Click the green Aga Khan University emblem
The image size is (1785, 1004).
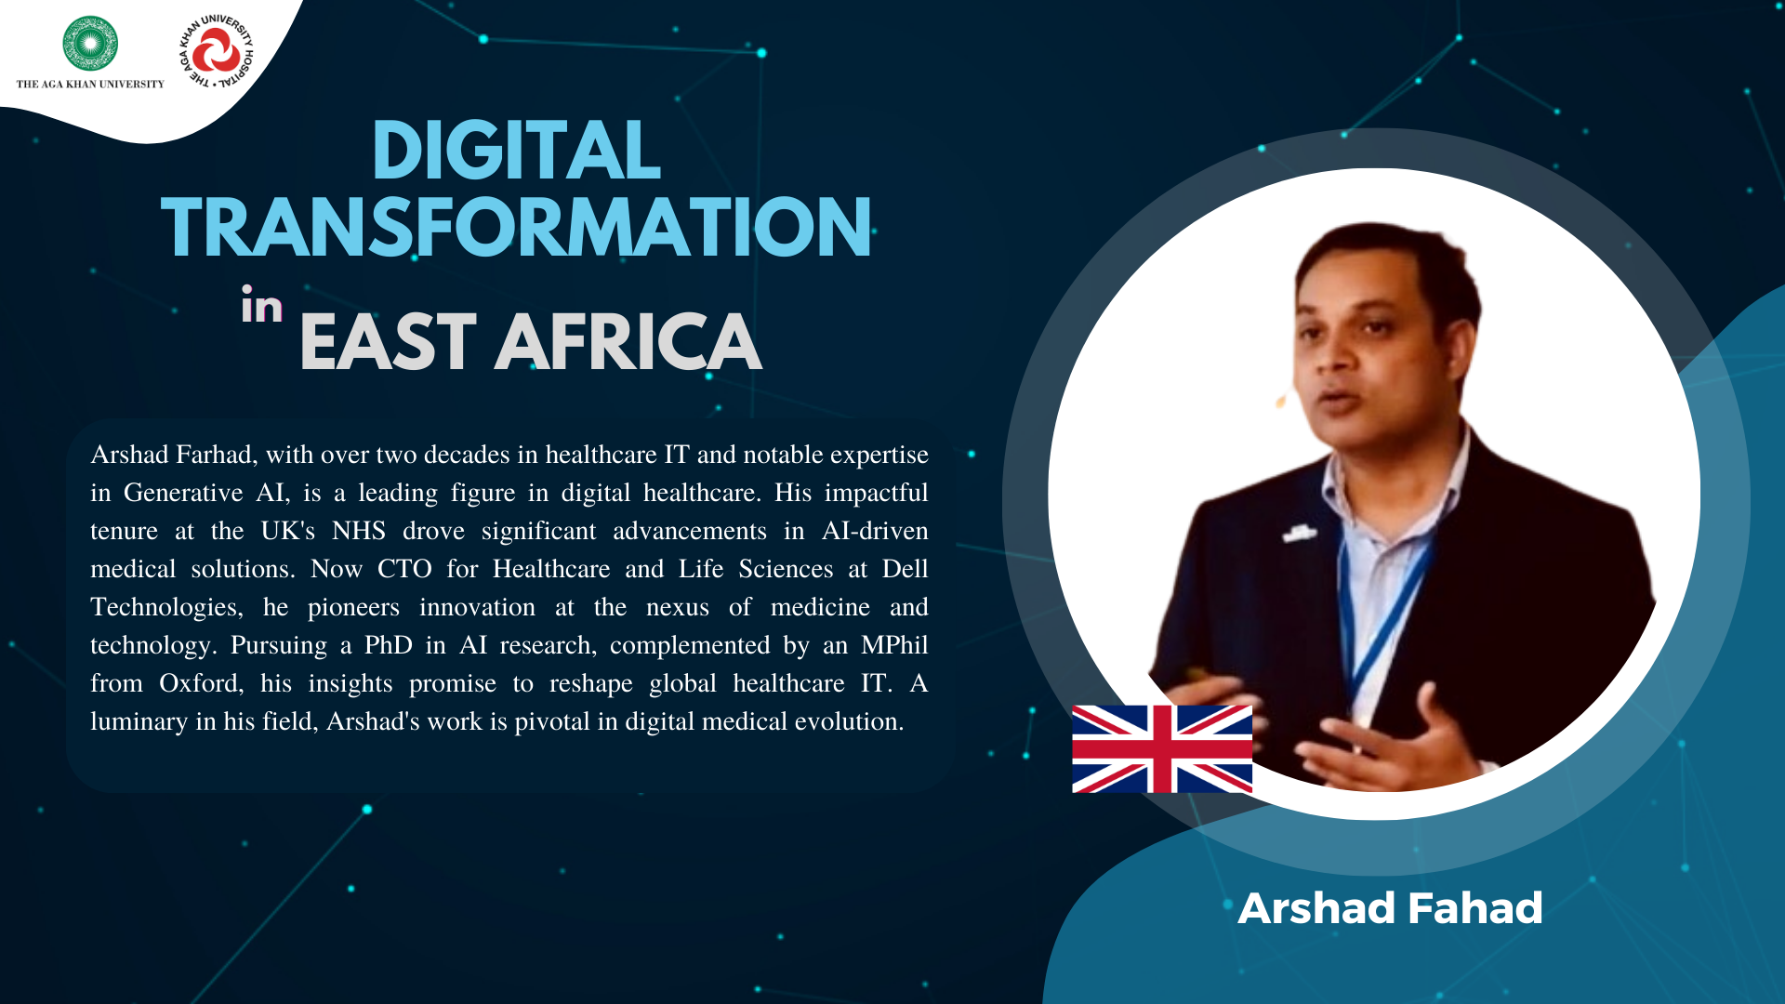pyautogui.click(x=90, y=44)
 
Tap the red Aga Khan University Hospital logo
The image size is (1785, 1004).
pyautogui.click(x=216, y=50)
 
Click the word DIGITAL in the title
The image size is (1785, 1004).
pyautogui.click(x=516, y=151)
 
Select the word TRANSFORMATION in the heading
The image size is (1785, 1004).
pyautogui.click(x=516, y=228)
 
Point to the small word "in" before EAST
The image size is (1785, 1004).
pyautogui.click(x=261, y=306)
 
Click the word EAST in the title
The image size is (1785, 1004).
pyautogui.click(x=389, y=342)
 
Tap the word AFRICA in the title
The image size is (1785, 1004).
pyautogui.click(x=628, y=342)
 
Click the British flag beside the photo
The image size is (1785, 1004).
pyautogui.click(x=1162, y=748)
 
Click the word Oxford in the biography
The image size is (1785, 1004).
pyautogui.click(x=201, y=683)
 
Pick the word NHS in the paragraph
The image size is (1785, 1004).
pyautogui.click(x=359, y=531)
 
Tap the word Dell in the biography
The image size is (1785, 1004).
pyautogui.click(x=906, y=569)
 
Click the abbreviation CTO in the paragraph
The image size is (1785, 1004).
pyautogui.click(x=404, y=569)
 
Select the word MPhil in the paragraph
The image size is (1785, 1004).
pyautogui.click(x=894, y=645)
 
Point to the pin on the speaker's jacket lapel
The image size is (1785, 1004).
pyautogui.click(x=1299, y=534)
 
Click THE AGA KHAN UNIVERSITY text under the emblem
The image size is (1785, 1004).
pyautogui.click(x=90, y=85)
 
